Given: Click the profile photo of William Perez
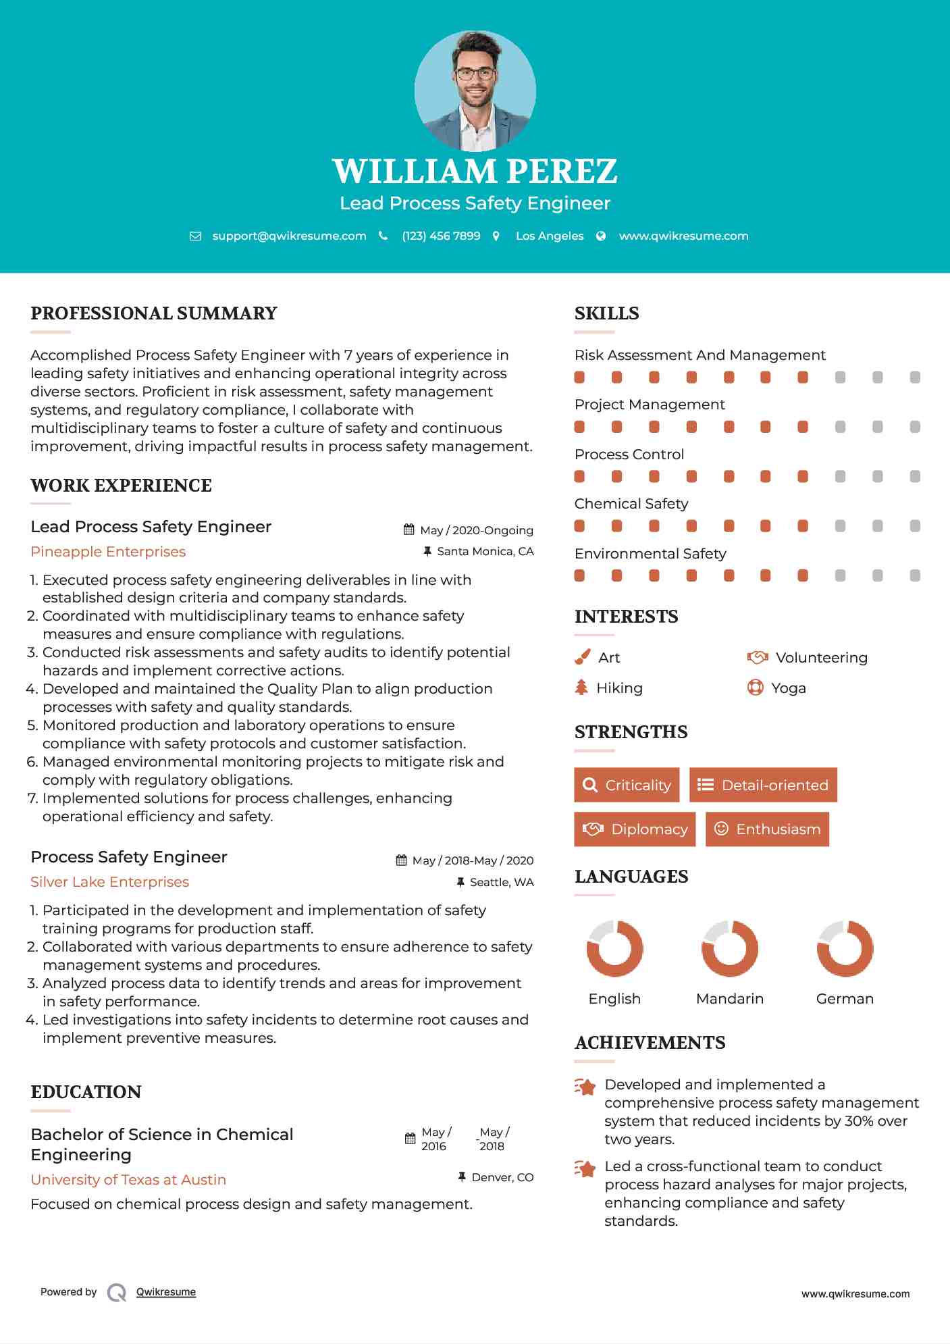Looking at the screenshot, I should (x=475, y=91).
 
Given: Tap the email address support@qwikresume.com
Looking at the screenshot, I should (x=289, y=236).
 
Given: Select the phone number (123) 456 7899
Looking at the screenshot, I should (x=441, y=236).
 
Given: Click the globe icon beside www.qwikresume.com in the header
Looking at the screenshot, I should (x=601, y=236).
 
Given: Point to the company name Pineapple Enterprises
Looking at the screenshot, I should (x=108, y=552).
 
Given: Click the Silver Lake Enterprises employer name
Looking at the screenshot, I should (x=109, y=882).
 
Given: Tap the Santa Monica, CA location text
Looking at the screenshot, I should (x=485, y=551).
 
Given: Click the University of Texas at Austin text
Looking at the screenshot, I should (x=128, y=1180).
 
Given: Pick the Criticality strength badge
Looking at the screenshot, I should (x=627, y=785).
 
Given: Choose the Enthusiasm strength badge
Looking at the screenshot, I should (x=767, y=829).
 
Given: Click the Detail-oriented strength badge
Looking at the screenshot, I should (x=763, y=785).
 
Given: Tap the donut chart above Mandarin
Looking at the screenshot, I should (x=730, y=948).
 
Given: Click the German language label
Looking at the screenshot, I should (x=845, y=999).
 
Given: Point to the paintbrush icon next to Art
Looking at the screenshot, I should (x=582, y=657).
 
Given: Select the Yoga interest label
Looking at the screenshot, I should (x=789, y=688).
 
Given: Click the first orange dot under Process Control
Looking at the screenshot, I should (x=579, y=476).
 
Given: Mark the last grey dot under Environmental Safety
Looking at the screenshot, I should (x=915, y=575).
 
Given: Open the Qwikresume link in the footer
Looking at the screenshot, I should (x=166, y=1292).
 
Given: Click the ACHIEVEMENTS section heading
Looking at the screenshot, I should (x=650, y=1043).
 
